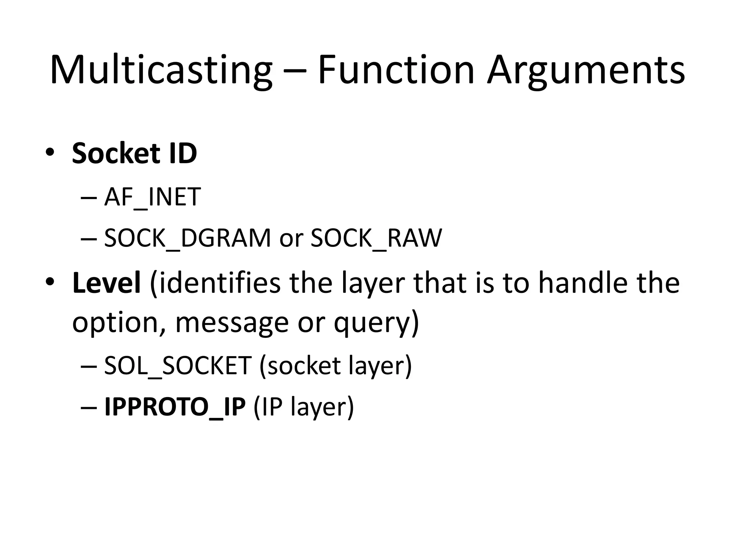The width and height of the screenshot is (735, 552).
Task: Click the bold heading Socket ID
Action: (134, 153)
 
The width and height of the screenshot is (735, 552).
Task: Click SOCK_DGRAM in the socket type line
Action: (187, 238)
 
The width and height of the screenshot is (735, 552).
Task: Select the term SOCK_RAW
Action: (376, 238)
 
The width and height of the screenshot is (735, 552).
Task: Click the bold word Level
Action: (106, 283)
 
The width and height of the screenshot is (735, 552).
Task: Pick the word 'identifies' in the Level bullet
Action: (215, 283)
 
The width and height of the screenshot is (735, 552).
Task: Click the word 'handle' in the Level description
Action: (583, 283)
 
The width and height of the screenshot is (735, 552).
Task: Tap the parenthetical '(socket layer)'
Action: (335, 365)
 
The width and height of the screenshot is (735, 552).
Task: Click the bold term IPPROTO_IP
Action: (175, 407)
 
